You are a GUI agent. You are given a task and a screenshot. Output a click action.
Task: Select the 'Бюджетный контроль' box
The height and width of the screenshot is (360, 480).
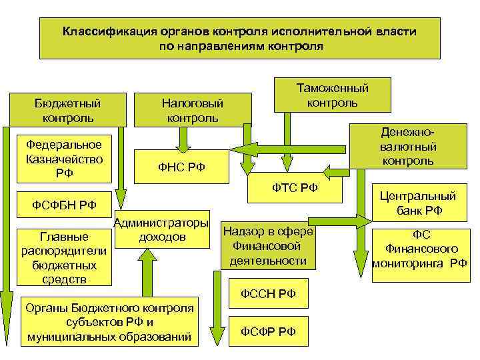click(x=67, y=110)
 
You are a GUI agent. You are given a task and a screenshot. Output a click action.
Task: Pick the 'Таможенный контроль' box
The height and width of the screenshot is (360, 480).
click(x=332, y=95)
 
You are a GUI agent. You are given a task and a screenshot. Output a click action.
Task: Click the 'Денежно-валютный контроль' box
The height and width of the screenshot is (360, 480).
click(x=409, y=145)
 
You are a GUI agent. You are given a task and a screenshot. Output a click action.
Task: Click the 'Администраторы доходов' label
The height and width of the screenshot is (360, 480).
click(x=161, y=229)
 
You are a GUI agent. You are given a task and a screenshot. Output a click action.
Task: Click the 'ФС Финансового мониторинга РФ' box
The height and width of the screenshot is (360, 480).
click(x=420, y=249)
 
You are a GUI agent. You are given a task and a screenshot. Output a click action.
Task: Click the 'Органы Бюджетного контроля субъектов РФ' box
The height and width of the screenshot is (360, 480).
click(x=110, y=321)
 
